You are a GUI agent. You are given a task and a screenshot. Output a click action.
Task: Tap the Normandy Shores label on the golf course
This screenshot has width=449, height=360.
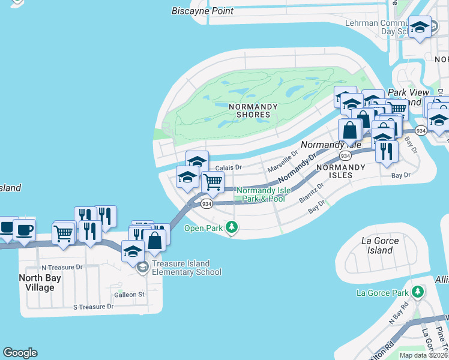(x=253, y=110)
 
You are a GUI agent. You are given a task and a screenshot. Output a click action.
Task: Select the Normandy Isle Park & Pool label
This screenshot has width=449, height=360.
(x=261, y=194)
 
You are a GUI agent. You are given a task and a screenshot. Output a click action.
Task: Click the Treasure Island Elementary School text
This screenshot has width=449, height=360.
(x=187, y=268)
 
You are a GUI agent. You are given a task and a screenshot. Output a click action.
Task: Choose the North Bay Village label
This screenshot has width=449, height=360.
(x=45, y=283)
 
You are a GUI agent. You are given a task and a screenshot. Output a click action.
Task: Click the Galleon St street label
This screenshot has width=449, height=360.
(x=130, y=295)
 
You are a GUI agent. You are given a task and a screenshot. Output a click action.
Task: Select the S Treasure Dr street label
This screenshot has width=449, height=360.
(x=93, y=307)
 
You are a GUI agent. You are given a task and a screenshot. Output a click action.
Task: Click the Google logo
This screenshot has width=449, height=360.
(x=20, y=353)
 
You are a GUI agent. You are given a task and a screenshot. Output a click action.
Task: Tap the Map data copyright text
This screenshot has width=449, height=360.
(x=423, y=355)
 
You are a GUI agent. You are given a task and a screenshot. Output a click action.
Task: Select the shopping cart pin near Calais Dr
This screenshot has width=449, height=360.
(x=212, y=181)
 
